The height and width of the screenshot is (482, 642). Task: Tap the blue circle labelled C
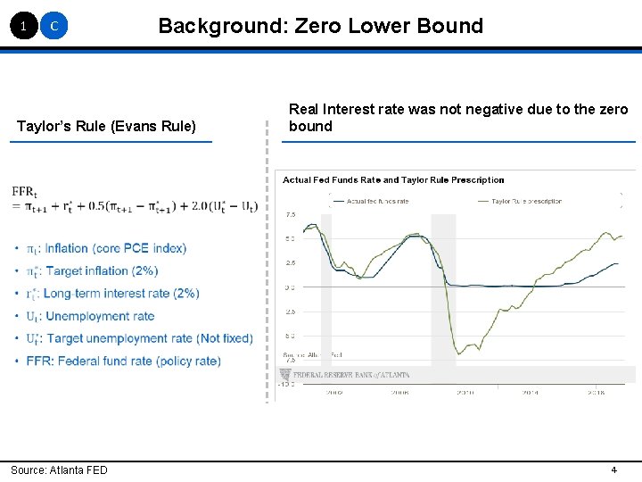coord(54,27)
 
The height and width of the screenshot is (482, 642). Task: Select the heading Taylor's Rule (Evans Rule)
coord(106,126)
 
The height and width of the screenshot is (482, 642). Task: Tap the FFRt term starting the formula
coord(24,192)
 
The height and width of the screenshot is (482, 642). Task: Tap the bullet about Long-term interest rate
coord(120,293)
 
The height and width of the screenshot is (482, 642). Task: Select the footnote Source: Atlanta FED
coord(59,470)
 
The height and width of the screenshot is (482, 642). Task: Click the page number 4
coord(613,470)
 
